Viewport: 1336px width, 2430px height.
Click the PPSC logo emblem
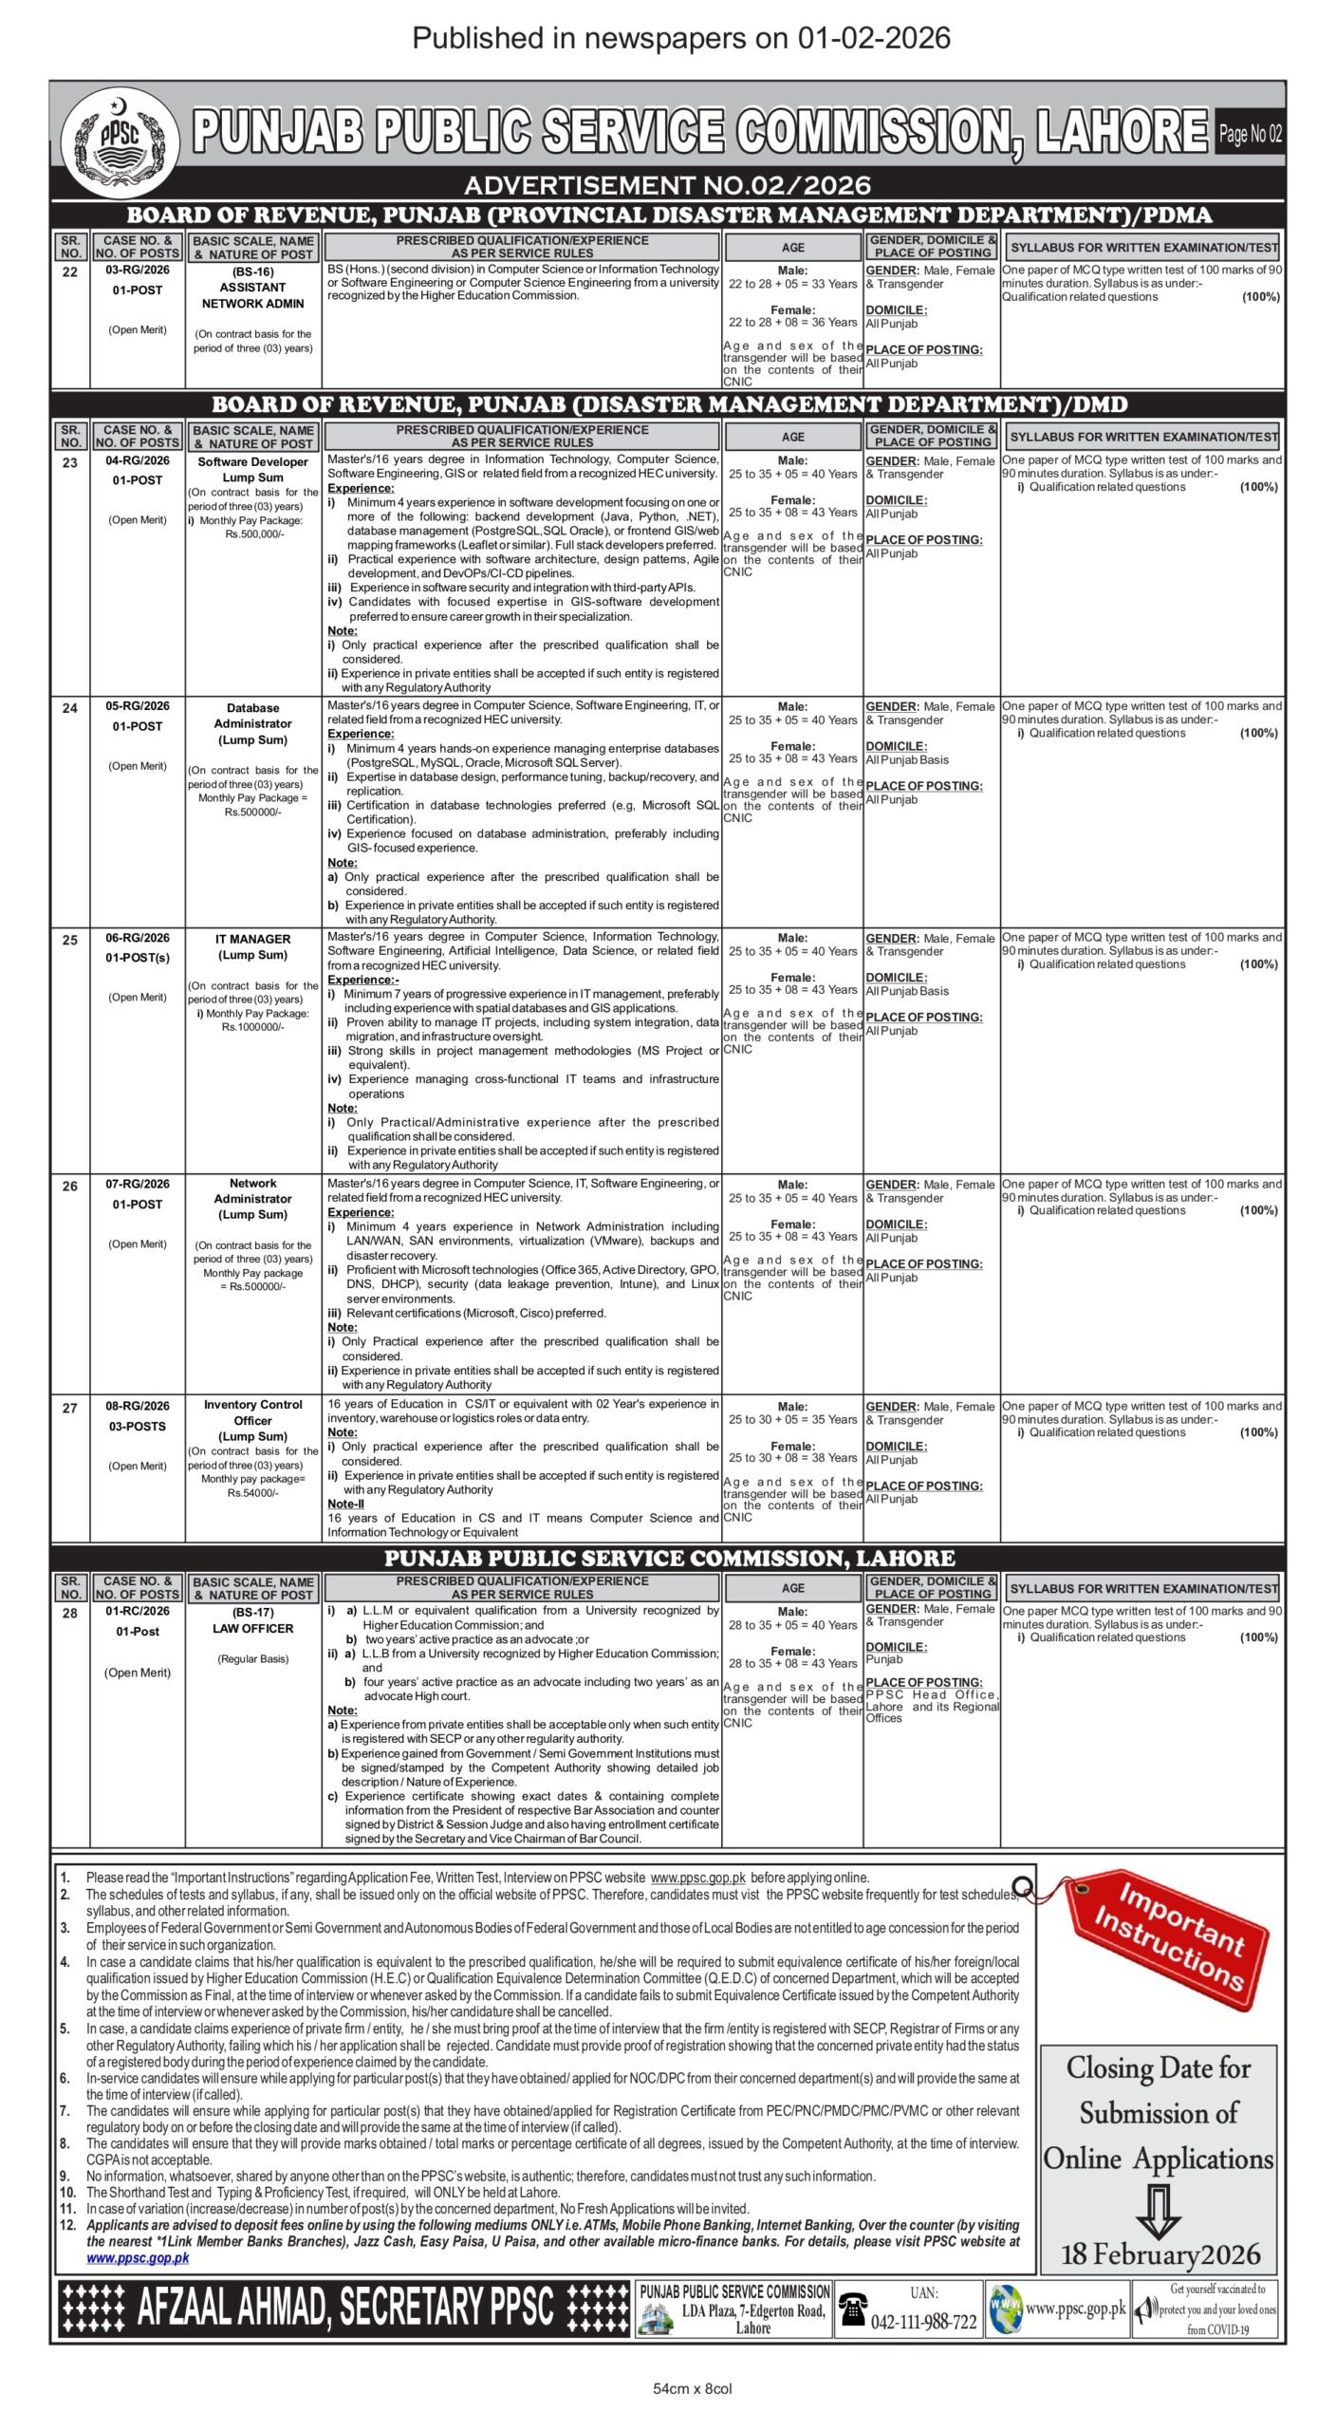click(120, 140)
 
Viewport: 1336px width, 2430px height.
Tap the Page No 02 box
click(1250, 134)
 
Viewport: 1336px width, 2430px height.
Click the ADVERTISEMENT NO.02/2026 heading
click(667, 184)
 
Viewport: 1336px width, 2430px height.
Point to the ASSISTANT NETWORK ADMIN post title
click(252, 295)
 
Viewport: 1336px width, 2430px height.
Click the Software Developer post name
click(252, 462)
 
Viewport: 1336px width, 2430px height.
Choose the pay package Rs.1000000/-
click(252, 1027)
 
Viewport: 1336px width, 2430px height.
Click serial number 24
click(70, 708)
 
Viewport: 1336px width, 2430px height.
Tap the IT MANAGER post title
click(252, 939)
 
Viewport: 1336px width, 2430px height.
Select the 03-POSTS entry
click(138, 1426)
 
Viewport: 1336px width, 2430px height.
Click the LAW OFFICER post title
click(252, 1628)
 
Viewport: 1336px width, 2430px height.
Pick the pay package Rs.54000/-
click(252, 1493)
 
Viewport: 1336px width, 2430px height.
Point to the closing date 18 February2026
click(1160, 2254)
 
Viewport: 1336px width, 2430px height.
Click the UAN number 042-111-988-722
click(923, 2322)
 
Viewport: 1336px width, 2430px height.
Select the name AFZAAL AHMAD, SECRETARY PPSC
click(344, 2308)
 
